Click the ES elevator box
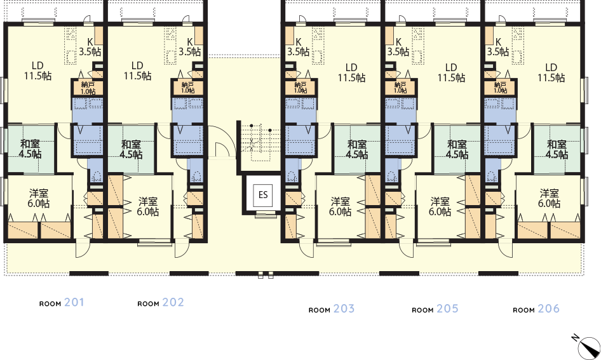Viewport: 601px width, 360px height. tap(263, 195)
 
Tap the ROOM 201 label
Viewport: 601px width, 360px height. tap(62, 303)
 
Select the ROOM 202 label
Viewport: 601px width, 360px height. tap(161, 303)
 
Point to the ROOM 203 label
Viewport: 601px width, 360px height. tap(332, 309)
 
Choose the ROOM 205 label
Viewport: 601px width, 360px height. tap(435, 309)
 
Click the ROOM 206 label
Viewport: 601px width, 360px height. tap(536, 309)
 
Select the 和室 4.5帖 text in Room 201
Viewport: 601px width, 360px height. tap(31, 149)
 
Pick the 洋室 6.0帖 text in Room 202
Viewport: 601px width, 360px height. tap(148, 206)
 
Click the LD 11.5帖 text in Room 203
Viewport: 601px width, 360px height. tap(351, 73)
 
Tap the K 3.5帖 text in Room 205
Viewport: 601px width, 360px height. tap(398, 47)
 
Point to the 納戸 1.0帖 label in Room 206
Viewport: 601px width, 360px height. tap(500, 88)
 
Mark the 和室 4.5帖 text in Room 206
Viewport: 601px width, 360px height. tap(557, 149)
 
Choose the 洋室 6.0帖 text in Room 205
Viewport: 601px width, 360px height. tap(440, 206)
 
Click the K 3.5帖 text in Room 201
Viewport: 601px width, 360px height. tap(90, 47)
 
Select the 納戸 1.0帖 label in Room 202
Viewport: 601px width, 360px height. tap(187, 88)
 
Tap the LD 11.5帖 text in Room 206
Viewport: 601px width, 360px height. tap(551, 73)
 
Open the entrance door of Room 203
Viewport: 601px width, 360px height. tap(307, 249)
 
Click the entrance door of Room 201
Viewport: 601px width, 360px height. tap(82, 249)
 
